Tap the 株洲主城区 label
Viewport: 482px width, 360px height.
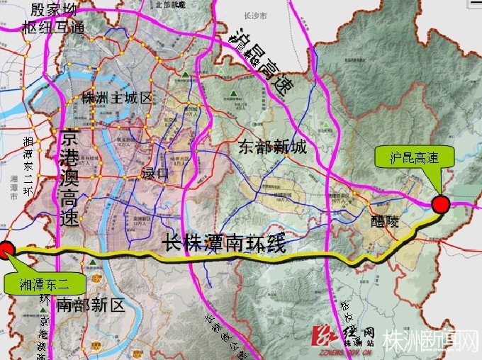(116, 98)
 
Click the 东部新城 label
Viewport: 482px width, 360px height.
(273, 147)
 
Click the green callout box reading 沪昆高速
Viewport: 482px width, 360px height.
(415, 157)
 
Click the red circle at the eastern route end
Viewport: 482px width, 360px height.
(441, 205)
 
